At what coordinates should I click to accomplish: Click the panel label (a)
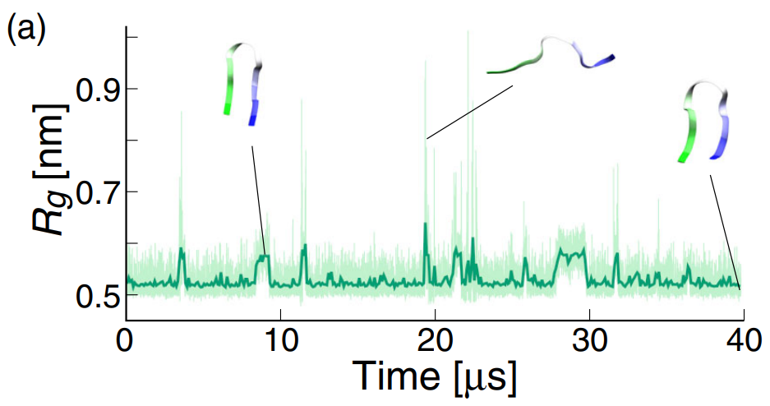click(x=26, y=29)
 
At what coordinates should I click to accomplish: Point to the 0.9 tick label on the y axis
click(x=97, y=89)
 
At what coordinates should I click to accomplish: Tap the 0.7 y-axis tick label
click(x=97, y=191)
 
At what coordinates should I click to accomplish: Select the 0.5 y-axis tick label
click(x=97, y=294)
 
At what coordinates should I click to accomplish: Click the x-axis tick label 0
click(x=126, y=340)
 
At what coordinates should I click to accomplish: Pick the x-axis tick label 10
click(x=281, y=340)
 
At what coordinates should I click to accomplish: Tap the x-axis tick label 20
click(x=436, y=340)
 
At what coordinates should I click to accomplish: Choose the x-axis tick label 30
click(x=590, y=340)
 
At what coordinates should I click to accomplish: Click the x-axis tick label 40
click(x=744, y=340)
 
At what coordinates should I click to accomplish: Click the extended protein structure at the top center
click(x=550, y=58)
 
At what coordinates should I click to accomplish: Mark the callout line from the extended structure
click(x=469, y=112)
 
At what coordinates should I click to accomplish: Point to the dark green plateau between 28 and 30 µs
click(x=571, y=253)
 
